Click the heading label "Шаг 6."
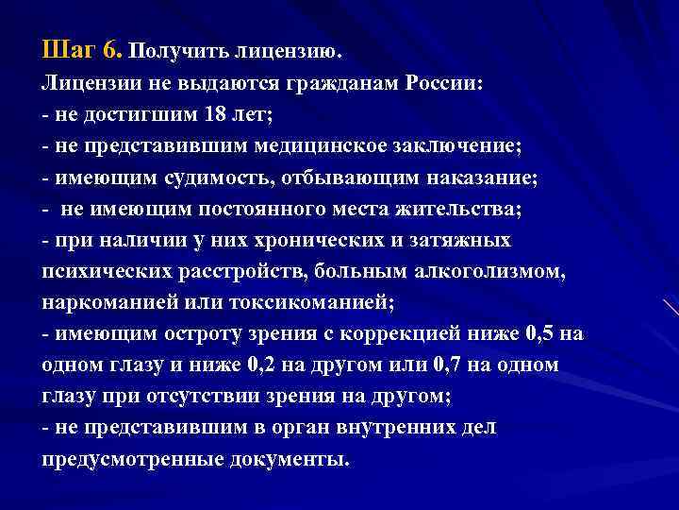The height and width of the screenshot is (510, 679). tap(81, 47)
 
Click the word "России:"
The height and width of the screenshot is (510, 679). tap(444, 82)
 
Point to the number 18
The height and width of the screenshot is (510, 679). tap(214, 115)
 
